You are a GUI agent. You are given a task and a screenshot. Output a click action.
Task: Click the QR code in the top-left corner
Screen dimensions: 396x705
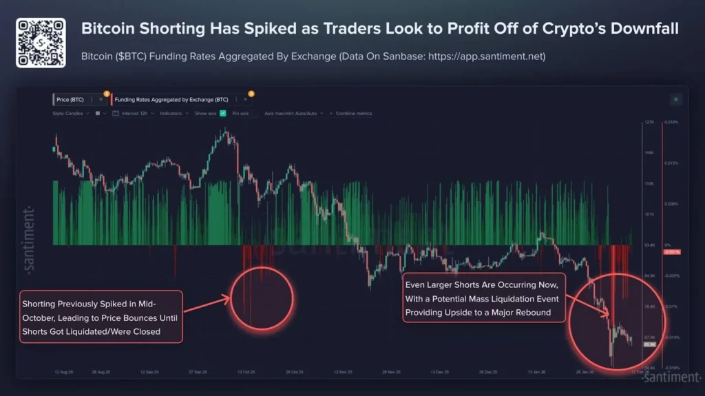[41, 43]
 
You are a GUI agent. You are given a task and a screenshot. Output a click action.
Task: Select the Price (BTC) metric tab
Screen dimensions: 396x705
[71, 99]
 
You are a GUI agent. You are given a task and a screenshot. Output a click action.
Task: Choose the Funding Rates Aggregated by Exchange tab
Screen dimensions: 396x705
[171, 99]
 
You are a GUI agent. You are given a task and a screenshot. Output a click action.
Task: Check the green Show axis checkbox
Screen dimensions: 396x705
[223, 113]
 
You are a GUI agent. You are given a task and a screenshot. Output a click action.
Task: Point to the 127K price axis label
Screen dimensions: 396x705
[649, 123]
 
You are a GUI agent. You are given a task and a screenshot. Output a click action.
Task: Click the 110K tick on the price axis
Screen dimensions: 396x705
[649, 183]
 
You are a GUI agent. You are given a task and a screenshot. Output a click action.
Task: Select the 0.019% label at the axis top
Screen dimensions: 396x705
[672, 123]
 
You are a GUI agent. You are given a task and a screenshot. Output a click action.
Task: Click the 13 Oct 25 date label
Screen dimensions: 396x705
[246, 372]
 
